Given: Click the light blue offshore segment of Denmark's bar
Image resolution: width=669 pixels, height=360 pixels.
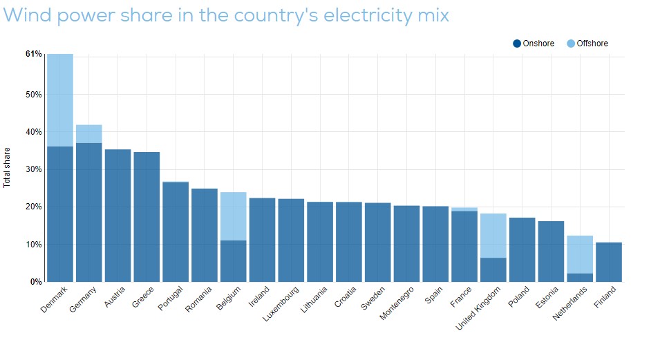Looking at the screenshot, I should point(60,100).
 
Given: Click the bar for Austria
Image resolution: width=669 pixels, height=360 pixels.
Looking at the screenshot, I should point(117,215).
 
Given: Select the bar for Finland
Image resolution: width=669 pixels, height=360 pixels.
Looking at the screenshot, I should point(609,262).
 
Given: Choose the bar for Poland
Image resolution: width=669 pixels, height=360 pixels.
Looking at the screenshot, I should point(522,249).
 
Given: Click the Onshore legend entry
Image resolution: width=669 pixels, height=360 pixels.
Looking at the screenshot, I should point(534,44).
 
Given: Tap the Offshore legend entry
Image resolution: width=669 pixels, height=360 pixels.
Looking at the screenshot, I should point(587,44).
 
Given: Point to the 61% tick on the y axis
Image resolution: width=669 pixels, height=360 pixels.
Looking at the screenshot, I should point(34,54).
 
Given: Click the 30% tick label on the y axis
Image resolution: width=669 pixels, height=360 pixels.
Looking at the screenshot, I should point(34,169).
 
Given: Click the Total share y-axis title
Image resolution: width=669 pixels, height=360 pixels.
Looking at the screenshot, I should point(7,168).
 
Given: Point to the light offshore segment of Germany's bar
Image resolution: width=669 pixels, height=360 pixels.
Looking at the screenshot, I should point(89,134).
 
